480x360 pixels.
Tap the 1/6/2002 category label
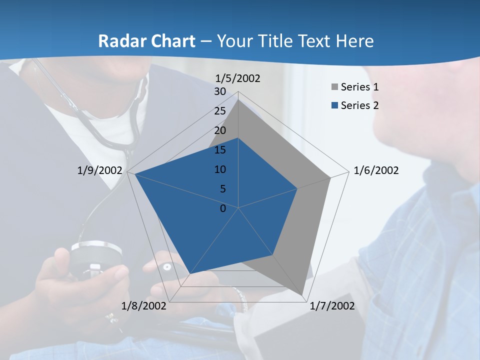pyautogui.click(x=376, y=170)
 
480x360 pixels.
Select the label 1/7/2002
pyautogui.click(x=332, y=306)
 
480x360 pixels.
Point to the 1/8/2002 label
pyautogui.click(x=144, y=306)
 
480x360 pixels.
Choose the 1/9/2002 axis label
pyautogui.click(x=99, y=170)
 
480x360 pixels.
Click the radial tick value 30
pyautogui.click(x=220, y=91)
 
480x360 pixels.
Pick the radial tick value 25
pyautogui.click(x=220, y=111)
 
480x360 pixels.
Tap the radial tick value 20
pyautogui.click(x=220, y=130)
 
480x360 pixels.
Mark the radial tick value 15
pyautogui.click(x=220, y=150)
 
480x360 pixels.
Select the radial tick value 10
pyautogui.click(x=220, y=169)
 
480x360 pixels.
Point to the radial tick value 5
pyautogui.click(x=222, y=189)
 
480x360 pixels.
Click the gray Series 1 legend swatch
pyautogui.click(x=334, y=87)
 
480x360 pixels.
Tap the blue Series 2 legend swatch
pyautogui.click(x=334, y=105)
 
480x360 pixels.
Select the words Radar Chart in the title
pyautogui.click(x=146, y=41)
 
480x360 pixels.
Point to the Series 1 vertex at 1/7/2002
pyautogui.click(x=302, y=295)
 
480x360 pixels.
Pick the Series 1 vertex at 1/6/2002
pyautogui.click(x=330, y=177)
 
